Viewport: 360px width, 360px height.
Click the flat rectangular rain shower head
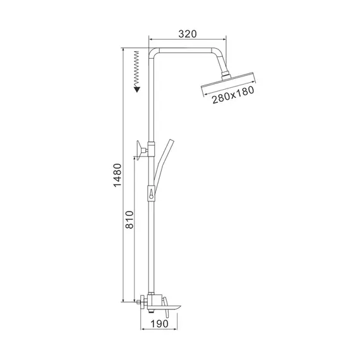[230, 83]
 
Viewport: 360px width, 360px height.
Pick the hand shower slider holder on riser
[152, 193]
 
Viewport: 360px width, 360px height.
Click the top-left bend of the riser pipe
[153, 53]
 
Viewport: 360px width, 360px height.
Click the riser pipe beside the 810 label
[152, 240]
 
